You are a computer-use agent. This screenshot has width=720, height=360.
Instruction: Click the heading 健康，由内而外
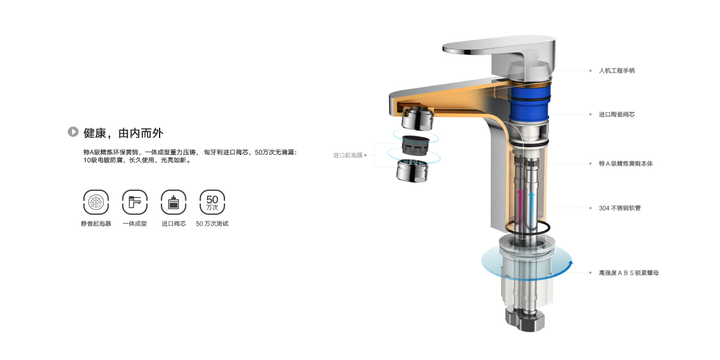[124, 133]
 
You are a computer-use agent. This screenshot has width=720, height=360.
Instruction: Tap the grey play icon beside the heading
[73, 131]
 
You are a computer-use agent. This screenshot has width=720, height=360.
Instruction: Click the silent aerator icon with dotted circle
[96, 202]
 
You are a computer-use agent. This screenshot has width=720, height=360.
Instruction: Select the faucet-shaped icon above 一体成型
[134, 202]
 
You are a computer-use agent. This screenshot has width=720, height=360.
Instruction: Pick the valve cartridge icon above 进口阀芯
[173, 202]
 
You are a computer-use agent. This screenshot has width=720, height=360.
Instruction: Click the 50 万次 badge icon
[212, 202]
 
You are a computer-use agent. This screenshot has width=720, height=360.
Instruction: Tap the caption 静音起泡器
[96, 224]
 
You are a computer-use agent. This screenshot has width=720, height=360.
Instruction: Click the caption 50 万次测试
[212, 224]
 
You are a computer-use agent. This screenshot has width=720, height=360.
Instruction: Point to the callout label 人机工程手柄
[617, 71]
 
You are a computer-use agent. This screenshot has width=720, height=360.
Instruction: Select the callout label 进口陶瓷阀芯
[617, 115]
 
